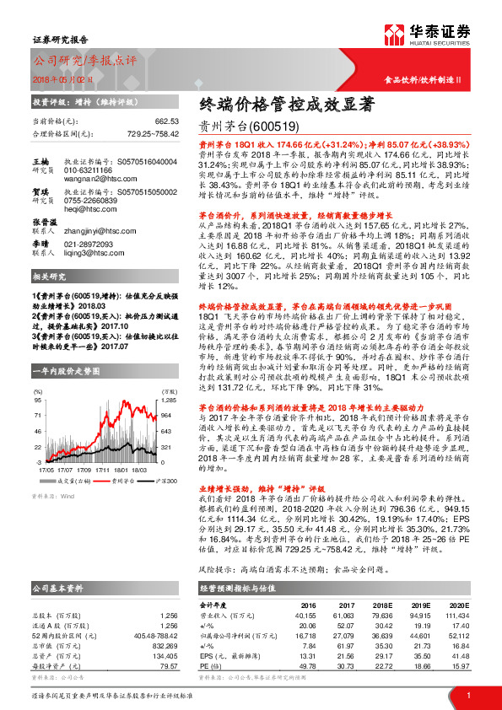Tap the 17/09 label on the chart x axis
point(84,468)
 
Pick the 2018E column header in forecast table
point(382,605)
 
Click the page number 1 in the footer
point(468,694)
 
